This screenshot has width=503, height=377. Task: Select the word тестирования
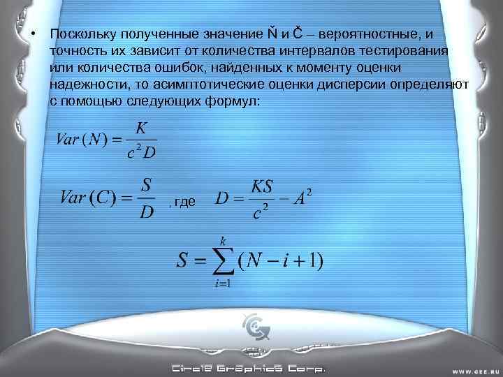coord(406,51)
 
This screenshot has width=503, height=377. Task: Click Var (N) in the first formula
coord(81,139)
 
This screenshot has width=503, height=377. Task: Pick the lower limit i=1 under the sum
coord(223,283)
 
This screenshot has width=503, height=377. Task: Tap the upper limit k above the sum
coord(224,239)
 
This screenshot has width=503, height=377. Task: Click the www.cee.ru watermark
coord(472,369)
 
